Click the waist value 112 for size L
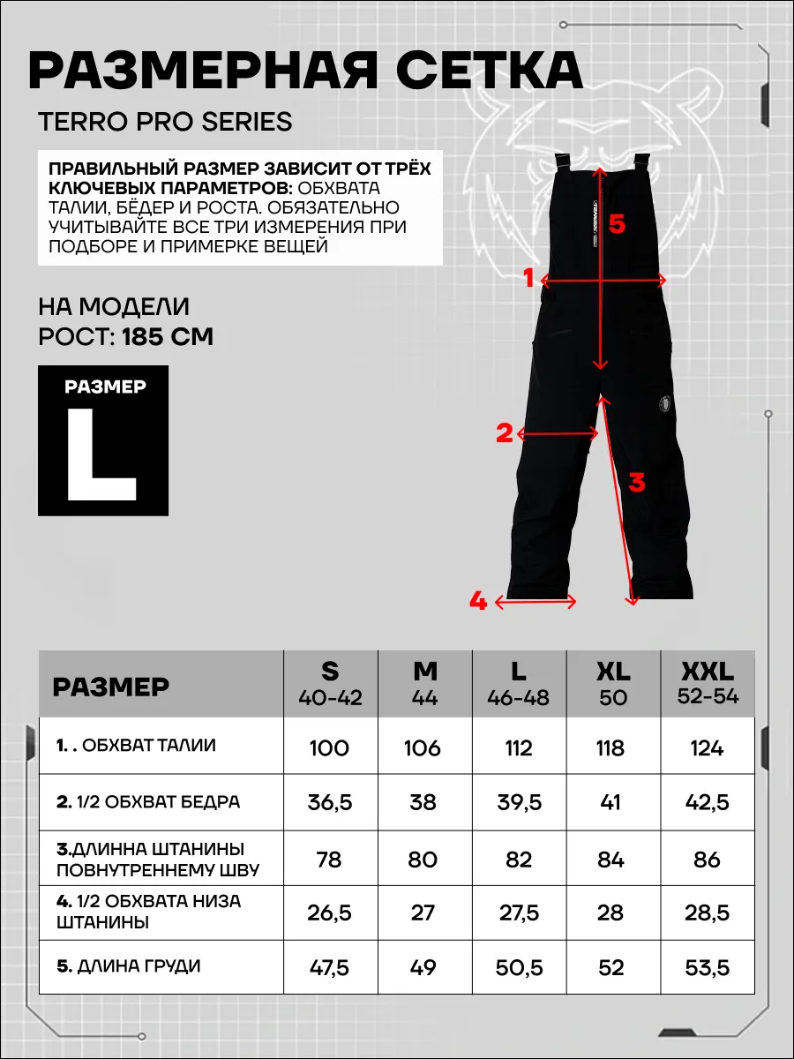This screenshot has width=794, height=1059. click(x=519, y=748)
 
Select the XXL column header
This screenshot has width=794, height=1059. click(x=707, y=681)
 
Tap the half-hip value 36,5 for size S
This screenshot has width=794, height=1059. click(x=329, y=803)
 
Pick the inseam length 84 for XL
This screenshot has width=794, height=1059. click(x=610, y=859)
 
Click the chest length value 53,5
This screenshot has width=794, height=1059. click(x=707, y=967)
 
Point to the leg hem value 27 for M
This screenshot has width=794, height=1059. click(x=423, y=912)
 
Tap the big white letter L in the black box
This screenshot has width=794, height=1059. click(x=102, y=456)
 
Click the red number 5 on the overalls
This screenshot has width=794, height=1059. click(x=617, y=225)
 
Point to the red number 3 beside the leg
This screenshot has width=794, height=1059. click(x=636, y=483)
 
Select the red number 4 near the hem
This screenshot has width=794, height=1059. click(x=478, y=602)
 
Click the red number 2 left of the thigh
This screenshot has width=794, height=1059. click(x=505, y=433)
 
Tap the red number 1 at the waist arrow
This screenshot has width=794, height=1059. click(x=528, y=279)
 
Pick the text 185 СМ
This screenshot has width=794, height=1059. click(x=168, y=337)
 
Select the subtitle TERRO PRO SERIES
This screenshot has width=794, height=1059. click(x=165, y=122)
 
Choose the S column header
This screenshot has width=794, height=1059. click(x=330, y=681)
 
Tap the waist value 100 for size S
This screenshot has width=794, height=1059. click(x=329, y=748)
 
